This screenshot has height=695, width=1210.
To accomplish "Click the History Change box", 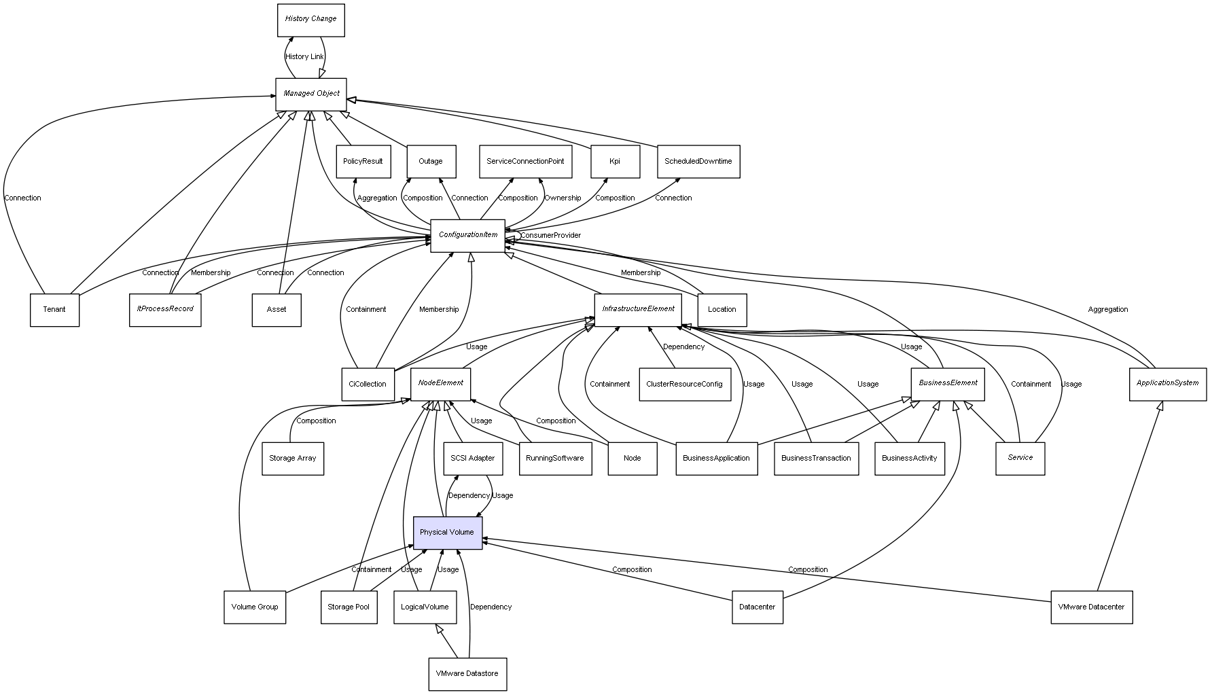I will click(310, 20).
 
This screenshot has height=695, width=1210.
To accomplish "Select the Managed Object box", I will click(311, 94).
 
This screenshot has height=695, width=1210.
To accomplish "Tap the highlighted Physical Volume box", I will click(447, 533).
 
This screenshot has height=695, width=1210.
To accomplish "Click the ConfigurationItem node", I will click(467, 235).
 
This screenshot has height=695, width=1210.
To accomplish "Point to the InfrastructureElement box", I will click(638, 309).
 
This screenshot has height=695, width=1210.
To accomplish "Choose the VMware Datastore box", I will click(467, 674).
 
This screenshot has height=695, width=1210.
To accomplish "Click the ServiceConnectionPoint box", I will click(525, 162).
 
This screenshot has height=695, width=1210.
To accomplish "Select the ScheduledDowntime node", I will click(698, 162).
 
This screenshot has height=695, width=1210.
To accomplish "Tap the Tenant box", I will click(54, 310).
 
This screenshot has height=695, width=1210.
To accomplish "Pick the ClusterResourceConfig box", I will click(684, 385).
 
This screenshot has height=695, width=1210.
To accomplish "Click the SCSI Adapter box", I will click(473, 459).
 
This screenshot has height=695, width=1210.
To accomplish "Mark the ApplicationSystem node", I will click(1167, 384).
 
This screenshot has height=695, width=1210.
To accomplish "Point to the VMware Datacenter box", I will click(1091, 607).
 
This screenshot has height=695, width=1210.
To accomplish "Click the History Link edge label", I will click(304, 57).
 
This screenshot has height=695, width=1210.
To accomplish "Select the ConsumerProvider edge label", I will click(551, 236).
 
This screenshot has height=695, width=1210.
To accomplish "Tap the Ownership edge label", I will click(563, 198).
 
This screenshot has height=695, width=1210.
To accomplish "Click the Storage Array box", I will click(292, 459).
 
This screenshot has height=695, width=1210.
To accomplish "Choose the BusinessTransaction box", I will click(816, 459).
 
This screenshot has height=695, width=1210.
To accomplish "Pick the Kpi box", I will click(615, 162).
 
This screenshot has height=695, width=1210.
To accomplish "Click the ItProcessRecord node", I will click(165, 310).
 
